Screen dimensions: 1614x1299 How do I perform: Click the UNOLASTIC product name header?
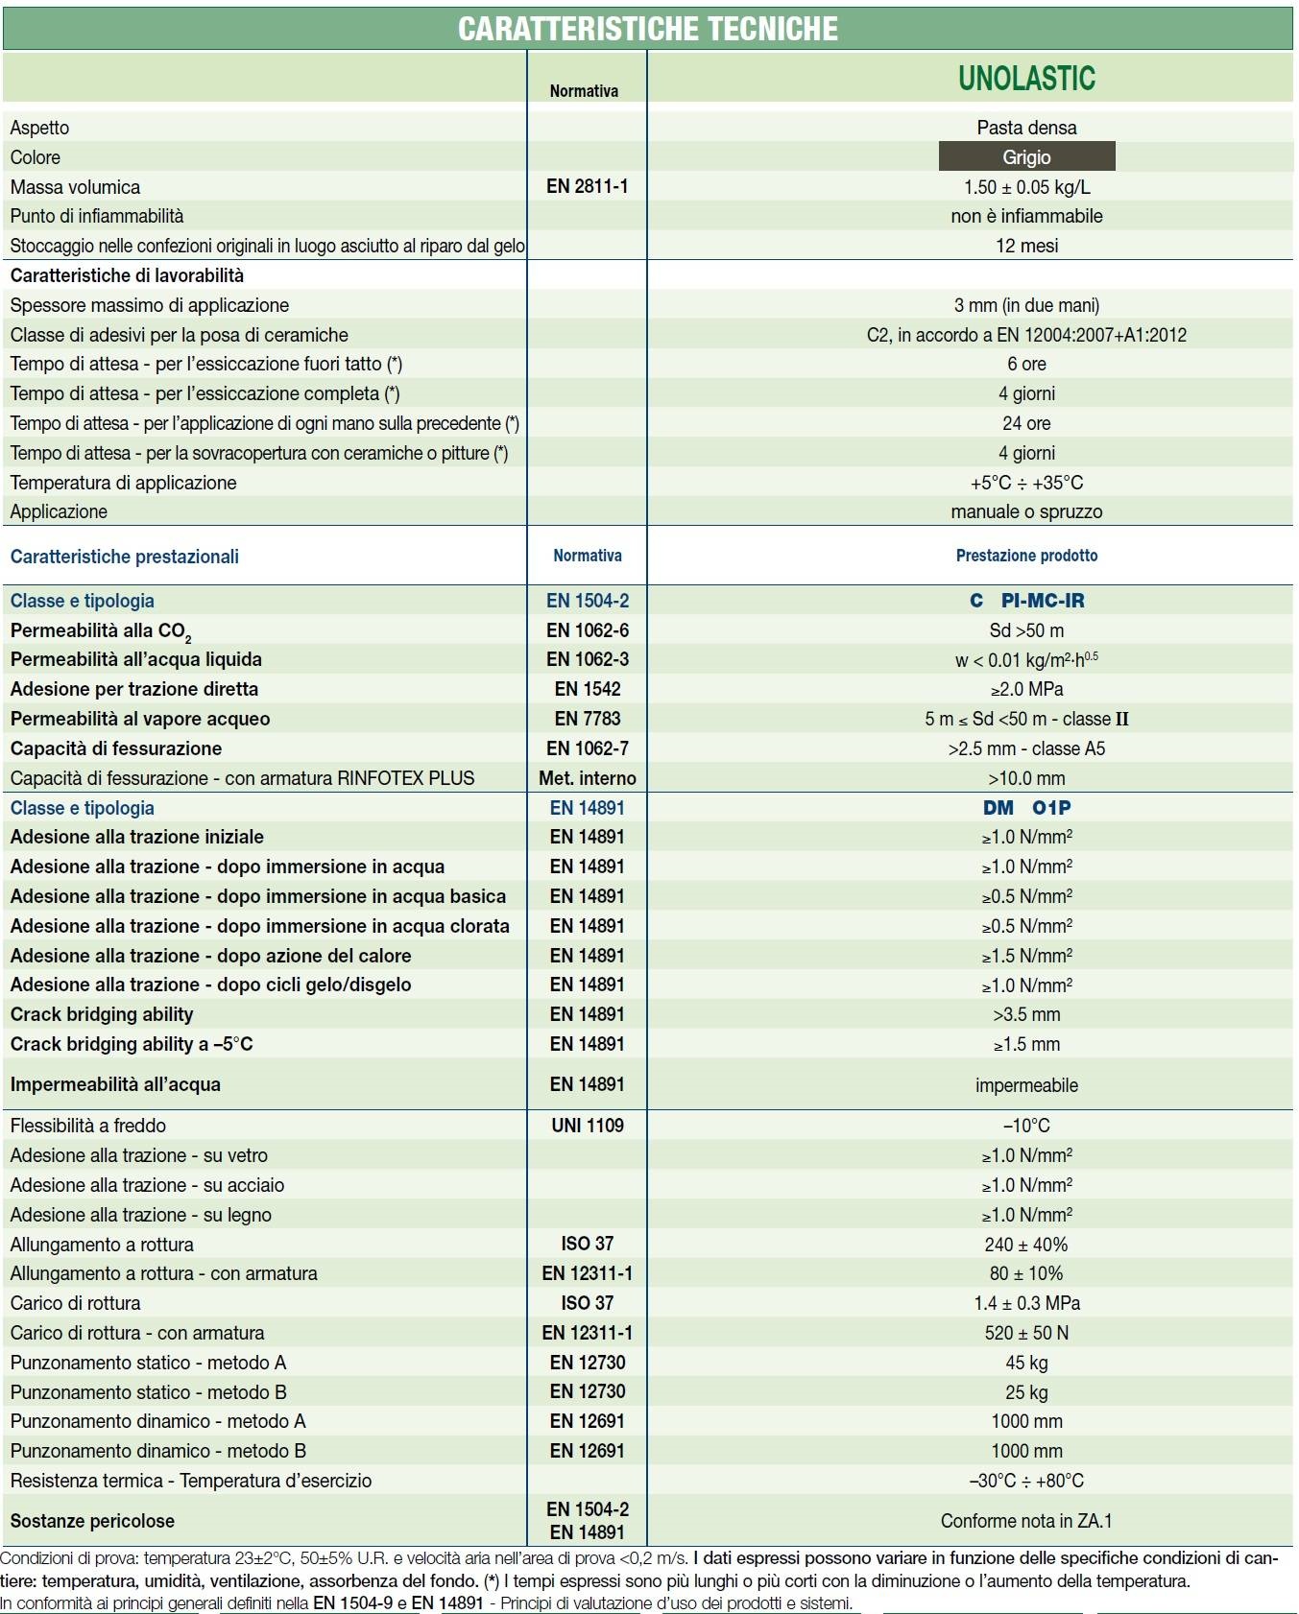[x=1026, y=78]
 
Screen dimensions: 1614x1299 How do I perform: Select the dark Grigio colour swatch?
[x=1026, y=156]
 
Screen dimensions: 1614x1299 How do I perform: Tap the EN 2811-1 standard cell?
[x=587, y=186]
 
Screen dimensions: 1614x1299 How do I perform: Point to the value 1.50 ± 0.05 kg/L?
[x=1026, y=186]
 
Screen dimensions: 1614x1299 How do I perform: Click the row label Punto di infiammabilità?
[x=97, y=216]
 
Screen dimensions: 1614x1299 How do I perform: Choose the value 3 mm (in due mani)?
[x=1026, y=305]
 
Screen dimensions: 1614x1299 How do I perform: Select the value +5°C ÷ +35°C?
[x=1026, y=483]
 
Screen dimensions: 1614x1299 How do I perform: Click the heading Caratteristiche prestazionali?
[x=125, y=557]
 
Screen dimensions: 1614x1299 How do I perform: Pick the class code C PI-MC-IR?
[x=1026, y=601]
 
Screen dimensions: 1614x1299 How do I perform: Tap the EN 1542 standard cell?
[x=587, y=689]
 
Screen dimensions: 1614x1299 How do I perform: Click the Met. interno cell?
[x=587, y=778]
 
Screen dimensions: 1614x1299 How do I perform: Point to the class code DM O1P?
[x=1026, y=808]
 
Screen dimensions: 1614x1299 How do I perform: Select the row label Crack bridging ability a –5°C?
[x=132, y=1044]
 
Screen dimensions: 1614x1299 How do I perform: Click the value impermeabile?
[x=1026, y=1085]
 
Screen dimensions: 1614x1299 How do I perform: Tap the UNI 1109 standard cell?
[x=587, y=1126]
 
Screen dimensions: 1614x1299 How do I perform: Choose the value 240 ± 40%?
[x=1026, y=1245]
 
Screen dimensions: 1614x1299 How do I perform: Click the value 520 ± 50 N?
[x=1026, y=1333]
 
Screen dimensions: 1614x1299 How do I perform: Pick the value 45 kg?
[x=1026, y=1363]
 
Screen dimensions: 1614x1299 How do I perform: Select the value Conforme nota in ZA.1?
[x=1026, y=1521]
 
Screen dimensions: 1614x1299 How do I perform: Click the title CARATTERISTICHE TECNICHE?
[x=648, y=29]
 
